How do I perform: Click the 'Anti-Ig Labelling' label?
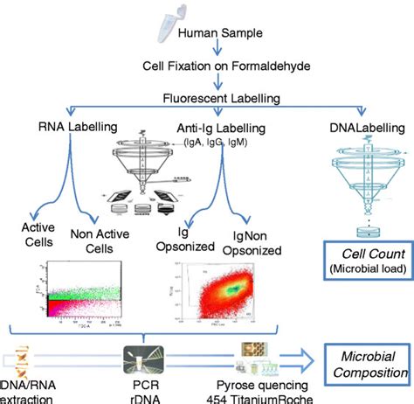[206, 129]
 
